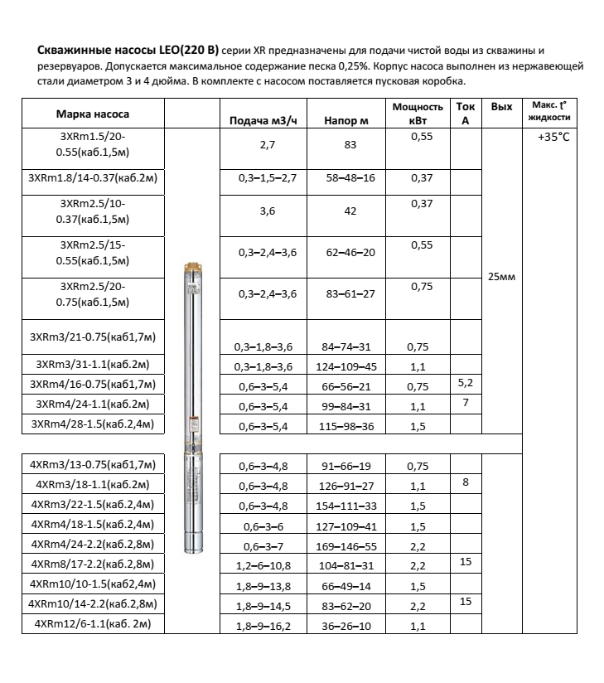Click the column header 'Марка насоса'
pyautogui.click(x=93, y=114)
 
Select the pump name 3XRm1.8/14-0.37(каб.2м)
pyautogui.click(x=93, y=177)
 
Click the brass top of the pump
pyautogui.click(x=194, y=270)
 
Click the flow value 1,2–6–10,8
pyautogui.click(x=263, y=567)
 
